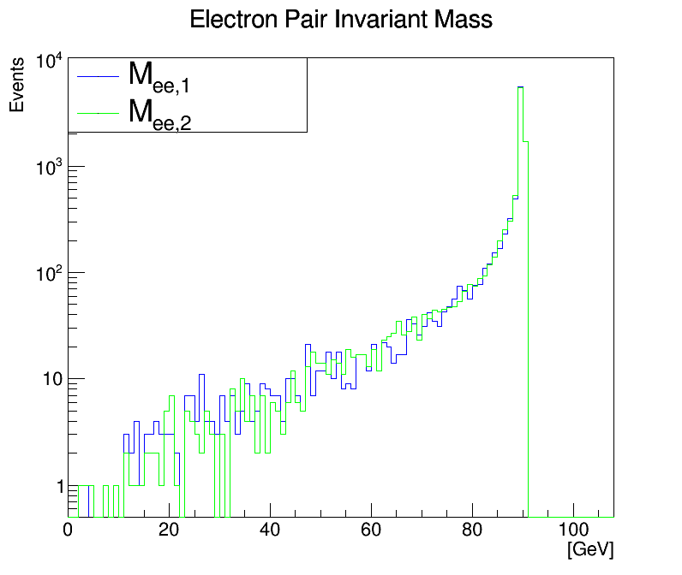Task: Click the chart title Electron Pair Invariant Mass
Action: coord(341,20)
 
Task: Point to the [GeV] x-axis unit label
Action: coord(590,548)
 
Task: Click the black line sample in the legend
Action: coord(97,76)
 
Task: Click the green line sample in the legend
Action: coord(97,113)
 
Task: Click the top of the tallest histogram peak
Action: coord(521,87)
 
